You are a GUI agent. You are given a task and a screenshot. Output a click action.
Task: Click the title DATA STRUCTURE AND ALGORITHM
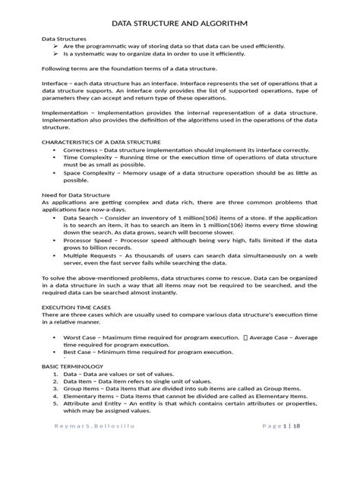coord(179,23)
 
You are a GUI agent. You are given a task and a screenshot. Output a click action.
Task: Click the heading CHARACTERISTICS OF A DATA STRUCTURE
coord(101,142)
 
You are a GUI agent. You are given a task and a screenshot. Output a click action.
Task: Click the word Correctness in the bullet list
coord(84,150)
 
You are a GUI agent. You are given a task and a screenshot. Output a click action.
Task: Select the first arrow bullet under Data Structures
coord(57,46)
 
